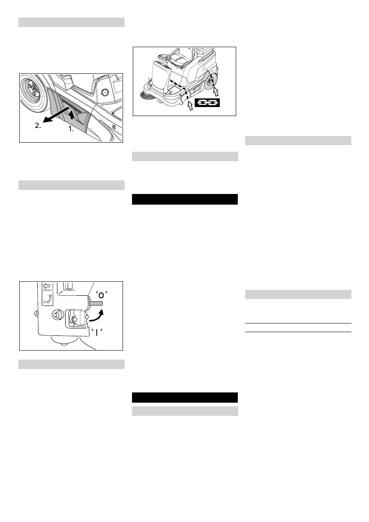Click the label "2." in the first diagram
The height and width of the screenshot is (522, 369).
pyautogui.click(x=38, y=126)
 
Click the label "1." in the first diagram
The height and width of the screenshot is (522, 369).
pyautogui.click(x=71, y=128)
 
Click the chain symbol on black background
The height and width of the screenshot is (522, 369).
pyautogui.click(x=207, y=103)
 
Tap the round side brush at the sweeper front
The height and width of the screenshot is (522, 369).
pyautogui.click(x=146, y=96)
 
